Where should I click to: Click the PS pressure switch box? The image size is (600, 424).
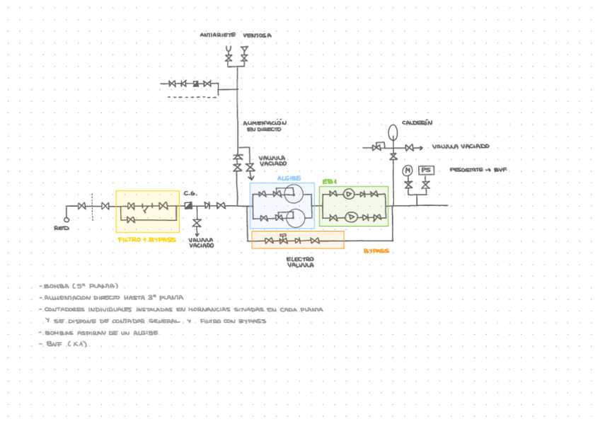point(425,171)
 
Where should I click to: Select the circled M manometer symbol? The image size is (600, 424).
point(408,171)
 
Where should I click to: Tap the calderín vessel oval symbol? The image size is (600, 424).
point(393,132)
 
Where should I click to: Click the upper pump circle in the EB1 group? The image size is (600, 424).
point(348,194)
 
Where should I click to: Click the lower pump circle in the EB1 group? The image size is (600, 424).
point(348,217)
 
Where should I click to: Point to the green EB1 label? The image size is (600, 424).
point(330,182)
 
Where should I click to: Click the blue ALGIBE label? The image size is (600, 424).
point(289,178)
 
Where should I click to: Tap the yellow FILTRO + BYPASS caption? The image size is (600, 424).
point(146,239)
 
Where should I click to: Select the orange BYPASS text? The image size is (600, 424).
point(376,251)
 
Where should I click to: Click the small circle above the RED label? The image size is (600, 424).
point(67,207)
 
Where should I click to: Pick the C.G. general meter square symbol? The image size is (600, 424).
point(189,205)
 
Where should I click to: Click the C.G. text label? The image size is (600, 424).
point(190,193)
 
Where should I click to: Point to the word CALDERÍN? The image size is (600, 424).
point(417,122)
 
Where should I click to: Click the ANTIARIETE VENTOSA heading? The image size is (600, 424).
point(236,35)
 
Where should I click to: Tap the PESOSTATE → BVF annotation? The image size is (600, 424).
point(479,171)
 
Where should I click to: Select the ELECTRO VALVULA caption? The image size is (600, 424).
point(300,263)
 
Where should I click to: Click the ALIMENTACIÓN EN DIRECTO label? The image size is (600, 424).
point(264,126)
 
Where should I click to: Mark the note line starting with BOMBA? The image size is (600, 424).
point(79,286)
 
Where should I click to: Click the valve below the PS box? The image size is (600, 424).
point(425,185)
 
